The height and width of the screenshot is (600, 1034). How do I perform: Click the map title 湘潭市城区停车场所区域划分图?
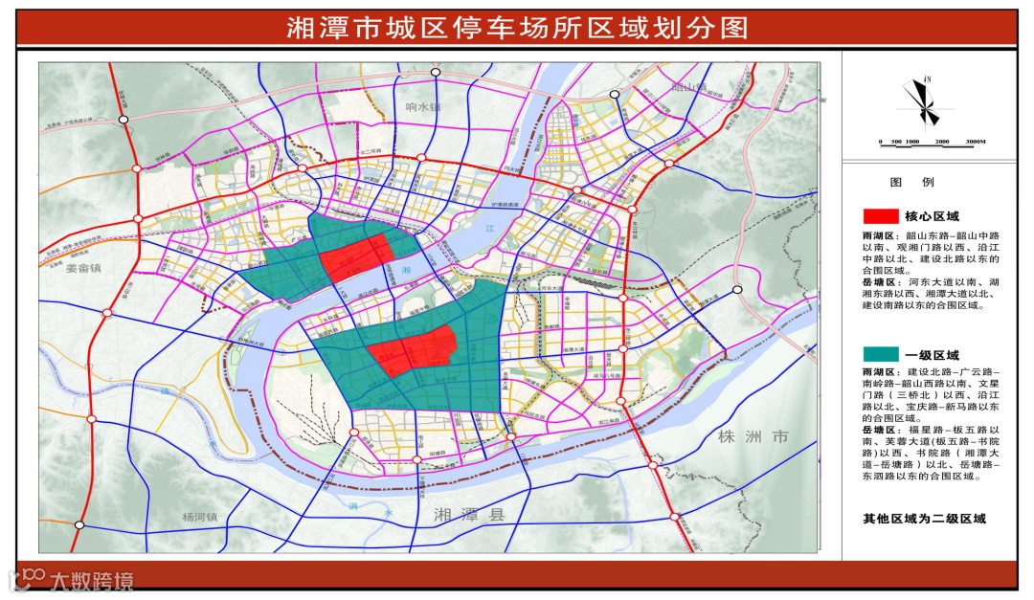coord(517,26)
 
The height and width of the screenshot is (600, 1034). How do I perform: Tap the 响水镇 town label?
coord(421,107)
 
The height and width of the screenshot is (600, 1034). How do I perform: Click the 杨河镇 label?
coord(201,517)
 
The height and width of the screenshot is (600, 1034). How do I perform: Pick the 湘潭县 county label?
coord(468,514)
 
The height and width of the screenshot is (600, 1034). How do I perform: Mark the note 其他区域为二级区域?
coord(924,519)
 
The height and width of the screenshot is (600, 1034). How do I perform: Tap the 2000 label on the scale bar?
coord(943,142)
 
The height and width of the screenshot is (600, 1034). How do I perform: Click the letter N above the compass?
coord(929,78)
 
